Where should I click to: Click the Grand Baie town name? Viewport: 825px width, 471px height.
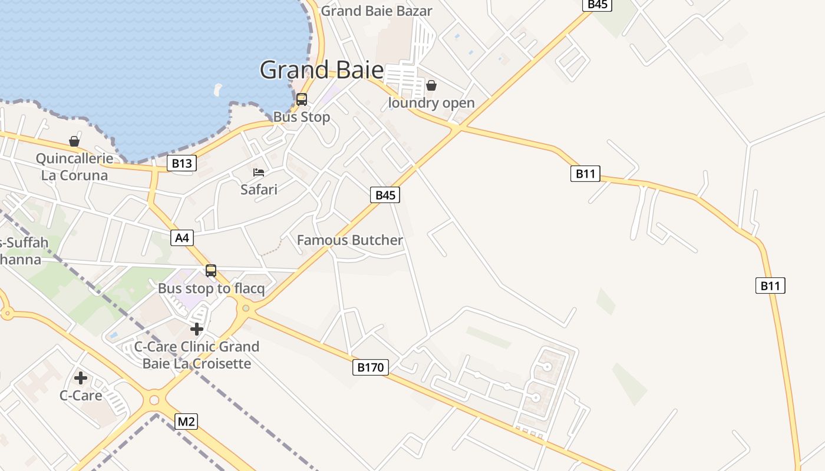(321, 70)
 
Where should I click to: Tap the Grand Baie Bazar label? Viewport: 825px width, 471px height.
(377, 11)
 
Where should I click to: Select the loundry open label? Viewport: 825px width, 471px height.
(431, 103)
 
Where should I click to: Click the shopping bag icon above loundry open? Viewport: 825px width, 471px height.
(431, 85)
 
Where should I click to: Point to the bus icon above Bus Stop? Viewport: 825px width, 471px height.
(302, 99)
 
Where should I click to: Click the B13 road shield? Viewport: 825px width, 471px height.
(181, 163)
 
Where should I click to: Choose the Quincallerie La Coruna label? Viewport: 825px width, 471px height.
(74, 167)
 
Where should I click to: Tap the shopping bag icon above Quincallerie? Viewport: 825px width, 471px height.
(74, 141)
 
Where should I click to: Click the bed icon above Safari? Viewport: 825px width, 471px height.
(259, 173)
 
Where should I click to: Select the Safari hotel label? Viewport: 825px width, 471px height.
(259, 190)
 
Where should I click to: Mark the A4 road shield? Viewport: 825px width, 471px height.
(182, 238)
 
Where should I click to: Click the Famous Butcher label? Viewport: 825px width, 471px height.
(350, 240)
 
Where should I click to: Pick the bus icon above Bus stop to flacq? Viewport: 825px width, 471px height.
(211, 271)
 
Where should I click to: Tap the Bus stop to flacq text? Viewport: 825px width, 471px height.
(211, 289)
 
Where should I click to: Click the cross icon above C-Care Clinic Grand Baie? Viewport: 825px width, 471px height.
(197, 329)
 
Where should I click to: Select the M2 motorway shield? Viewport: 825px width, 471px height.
(186, 422)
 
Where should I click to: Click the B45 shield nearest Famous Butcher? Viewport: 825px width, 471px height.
(385, 195)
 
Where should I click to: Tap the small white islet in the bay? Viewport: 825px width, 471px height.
(217, 90)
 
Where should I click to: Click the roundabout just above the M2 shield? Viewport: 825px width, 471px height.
(154, 400)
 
